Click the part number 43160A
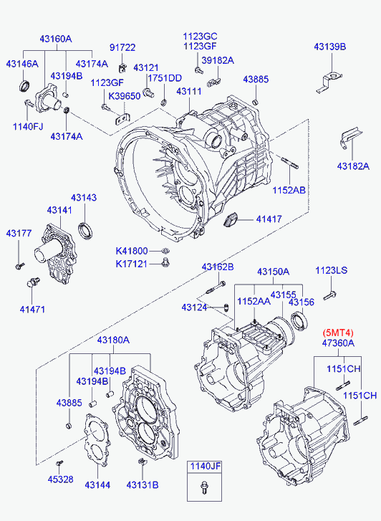pyautogui.click(x=54, y=39)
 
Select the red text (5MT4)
pyautogui.click(x=339, y=332)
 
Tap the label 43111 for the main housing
pyautogui.click(x=189, y=92)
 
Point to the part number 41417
pyautogui.click(x=270, y=219)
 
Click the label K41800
pyautogui.click(x=132, y=251)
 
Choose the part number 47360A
pyautogui.click(x=338, y=343)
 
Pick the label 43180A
pyautogui.click(x=113, y=340)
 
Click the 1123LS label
pyautogui.click(x=331, y=270)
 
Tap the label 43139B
pyautogui.click(x=329, y=47)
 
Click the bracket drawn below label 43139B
pyautogui.click(x=331, y=77)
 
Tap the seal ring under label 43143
pyautogui.click(x=85, y=230)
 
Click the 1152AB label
pyautogui.click(x=288, y=190)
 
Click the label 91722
pyautogui.click(x=122, y=47)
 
